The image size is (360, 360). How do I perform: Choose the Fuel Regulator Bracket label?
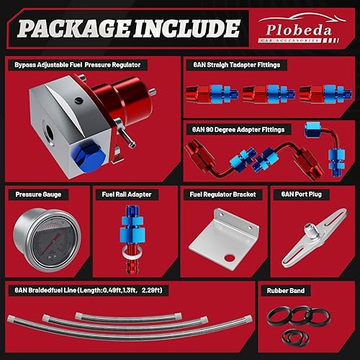tap(222, 194)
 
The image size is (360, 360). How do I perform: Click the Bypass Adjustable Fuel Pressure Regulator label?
tap(78, 64)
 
